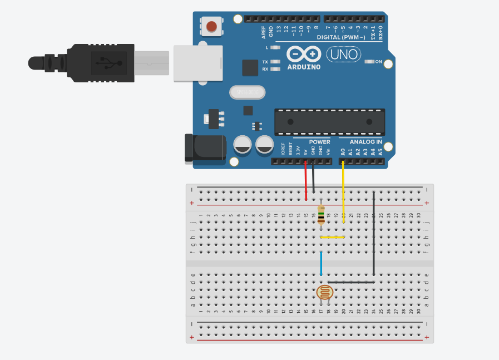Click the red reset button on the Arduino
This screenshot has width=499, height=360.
pyautogui.click(x=211, y=26)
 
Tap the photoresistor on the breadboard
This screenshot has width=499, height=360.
pyautogui.click(x=324, y=293)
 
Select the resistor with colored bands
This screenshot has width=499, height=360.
pyautogui.click(x=321, y=214)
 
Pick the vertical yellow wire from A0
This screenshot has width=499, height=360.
pyautogui.click(x=343, y=192)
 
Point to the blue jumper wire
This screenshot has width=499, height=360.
pyautogui.click(x=321, y=263)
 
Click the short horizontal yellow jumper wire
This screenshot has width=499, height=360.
pyautogui.click(x=332, y=238)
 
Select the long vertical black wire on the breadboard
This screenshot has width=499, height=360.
pyautogui.click(x=374, y=234)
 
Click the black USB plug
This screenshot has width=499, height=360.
pyautogui.click(x=100, y=61)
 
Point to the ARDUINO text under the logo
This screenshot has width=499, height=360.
pyautogui.click(x=304, y=67)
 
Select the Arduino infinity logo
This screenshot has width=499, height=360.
pyautogui.click(x=304, y=54)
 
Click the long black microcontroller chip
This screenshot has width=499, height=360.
pyautogui.click(x=329, y=122)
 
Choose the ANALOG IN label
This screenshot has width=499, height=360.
pyautogui.click(x=365, y=142)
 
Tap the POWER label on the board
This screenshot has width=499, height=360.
pyautogui.click(x=319, y=142)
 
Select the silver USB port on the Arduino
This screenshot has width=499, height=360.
pyautogui.click(x=198, y=63)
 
